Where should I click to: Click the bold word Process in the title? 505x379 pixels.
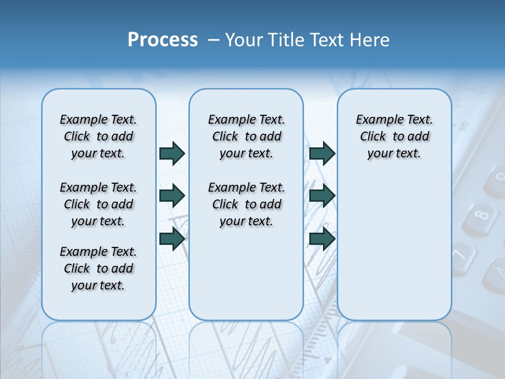[x=163, y=40]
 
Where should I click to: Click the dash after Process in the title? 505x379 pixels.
[x=214, y=40]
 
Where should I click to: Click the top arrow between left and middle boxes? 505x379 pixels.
[x=172, y=153]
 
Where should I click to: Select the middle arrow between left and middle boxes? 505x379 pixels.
[x=172, y=196]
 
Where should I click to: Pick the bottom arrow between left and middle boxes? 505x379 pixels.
[x=172, y=238]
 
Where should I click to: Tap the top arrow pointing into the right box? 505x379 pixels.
[x=322, y=153]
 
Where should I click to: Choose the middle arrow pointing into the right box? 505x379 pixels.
[x=322, y=196]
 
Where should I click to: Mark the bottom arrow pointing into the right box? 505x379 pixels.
[x=322, y=238]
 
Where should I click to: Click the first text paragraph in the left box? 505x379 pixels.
[x=98, y=136]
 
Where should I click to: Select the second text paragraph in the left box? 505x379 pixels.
[x=98, y=204]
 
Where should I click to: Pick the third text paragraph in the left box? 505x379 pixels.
[x=98, y=268]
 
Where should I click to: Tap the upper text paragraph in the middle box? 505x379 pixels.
[x=246, y=136]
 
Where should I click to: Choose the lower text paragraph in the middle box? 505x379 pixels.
[x=246, y=204]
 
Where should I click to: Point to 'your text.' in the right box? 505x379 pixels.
[x=394, y=154]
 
